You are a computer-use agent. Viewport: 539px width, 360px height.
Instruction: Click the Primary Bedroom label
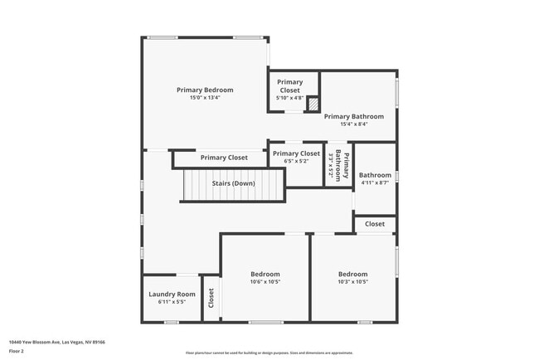pos(205,90)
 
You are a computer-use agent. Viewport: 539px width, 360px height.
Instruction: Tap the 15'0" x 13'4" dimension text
pos(205,98)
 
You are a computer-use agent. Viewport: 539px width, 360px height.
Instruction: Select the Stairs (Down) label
pos(233,183)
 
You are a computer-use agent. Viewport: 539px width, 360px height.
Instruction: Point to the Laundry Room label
pos(172,294)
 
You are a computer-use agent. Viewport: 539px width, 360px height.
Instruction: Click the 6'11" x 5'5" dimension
pos(172,302)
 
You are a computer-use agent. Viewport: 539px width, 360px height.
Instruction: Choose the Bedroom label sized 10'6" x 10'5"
pos(265,274)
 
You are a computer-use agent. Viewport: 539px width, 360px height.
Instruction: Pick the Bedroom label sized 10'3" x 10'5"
pos(352,274)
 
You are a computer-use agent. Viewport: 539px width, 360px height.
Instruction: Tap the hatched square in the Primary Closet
pos(313,105)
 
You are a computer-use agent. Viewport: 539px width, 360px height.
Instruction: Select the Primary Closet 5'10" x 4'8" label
pos(290,85)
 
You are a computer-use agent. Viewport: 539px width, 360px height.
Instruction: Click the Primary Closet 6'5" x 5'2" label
pos(296,153)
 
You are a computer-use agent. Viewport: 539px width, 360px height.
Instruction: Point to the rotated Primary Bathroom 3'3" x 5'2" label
pos(339,167)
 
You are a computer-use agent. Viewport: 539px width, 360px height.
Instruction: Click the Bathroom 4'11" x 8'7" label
pos(375,175)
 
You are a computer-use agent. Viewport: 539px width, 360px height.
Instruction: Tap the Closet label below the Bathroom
pos(375,224)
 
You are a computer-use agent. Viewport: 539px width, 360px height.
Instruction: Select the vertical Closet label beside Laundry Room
pos(211,297)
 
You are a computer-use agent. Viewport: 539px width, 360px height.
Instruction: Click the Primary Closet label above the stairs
pos(224,158)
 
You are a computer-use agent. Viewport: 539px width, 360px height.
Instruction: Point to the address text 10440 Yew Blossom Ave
pos(56,341)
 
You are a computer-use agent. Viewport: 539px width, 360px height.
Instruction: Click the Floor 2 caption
pos(16,351)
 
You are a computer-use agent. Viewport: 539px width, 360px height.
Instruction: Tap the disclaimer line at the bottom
pos(269,353)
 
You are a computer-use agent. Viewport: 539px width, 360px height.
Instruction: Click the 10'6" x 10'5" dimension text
pos(265,282)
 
